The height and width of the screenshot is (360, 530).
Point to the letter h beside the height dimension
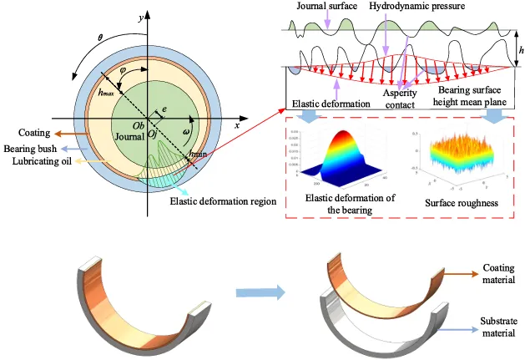(521, 50)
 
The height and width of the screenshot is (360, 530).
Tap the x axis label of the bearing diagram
(238, 125)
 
